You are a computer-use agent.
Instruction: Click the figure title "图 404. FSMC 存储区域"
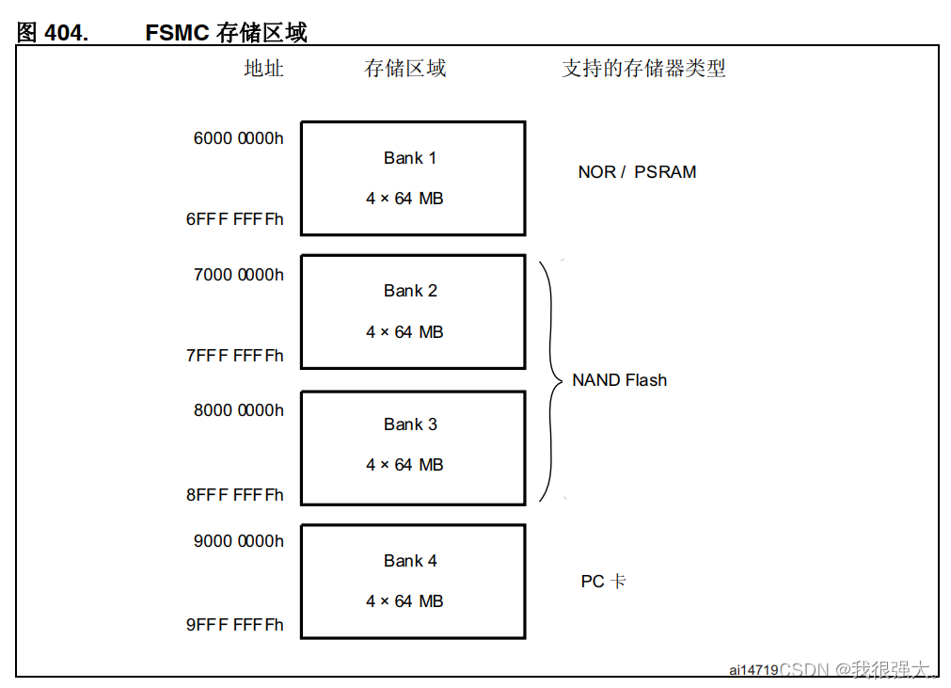(x=162, y=32)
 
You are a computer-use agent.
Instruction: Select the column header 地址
(x=263, y=69)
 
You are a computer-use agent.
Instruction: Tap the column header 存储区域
(x=405, y=69)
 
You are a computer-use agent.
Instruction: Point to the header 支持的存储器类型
(x=643, y=69)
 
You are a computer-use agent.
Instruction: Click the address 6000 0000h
(x=238, y=138)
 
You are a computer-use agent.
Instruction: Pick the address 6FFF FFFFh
(x=234, y=219)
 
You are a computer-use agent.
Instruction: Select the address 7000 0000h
(x=238, y=275)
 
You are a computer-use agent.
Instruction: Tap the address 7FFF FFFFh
(x=234, y=356)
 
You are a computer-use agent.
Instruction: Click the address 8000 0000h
(x=238, y=410)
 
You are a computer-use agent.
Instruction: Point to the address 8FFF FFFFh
(x=234, y=495)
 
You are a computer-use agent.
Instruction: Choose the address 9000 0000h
(x=238, y=541)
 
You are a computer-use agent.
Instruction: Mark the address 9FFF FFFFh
(x=234, y=625)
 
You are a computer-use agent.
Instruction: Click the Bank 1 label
(x=410, y=158)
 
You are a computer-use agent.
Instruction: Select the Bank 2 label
(x=410, y=291)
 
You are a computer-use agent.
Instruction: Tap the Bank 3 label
(x=410, y=424)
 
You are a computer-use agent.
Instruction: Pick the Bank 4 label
(x=410, y=561)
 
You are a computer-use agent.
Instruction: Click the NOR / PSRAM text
(x=637, y=172)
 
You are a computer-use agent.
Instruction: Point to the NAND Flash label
(x=619, y=380)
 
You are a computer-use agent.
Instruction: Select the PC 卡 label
(x=603, y=582)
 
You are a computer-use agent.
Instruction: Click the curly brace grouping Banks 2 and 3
(x=551, y=380)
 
